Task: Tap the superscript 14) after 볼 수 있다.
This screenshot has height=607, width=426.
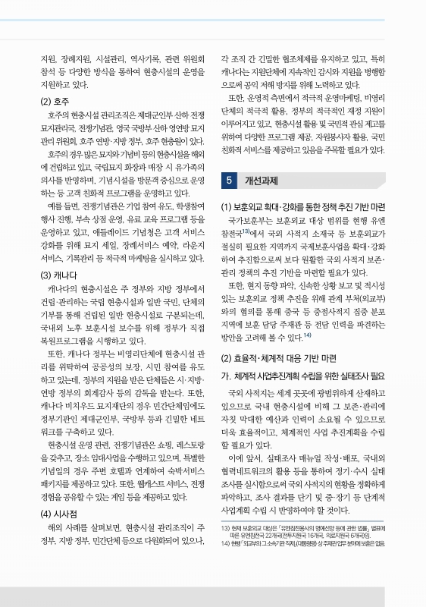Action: (307, 335)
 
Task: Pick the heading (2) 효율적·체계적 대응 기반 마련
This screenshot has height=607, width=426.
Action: (278, 357)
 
